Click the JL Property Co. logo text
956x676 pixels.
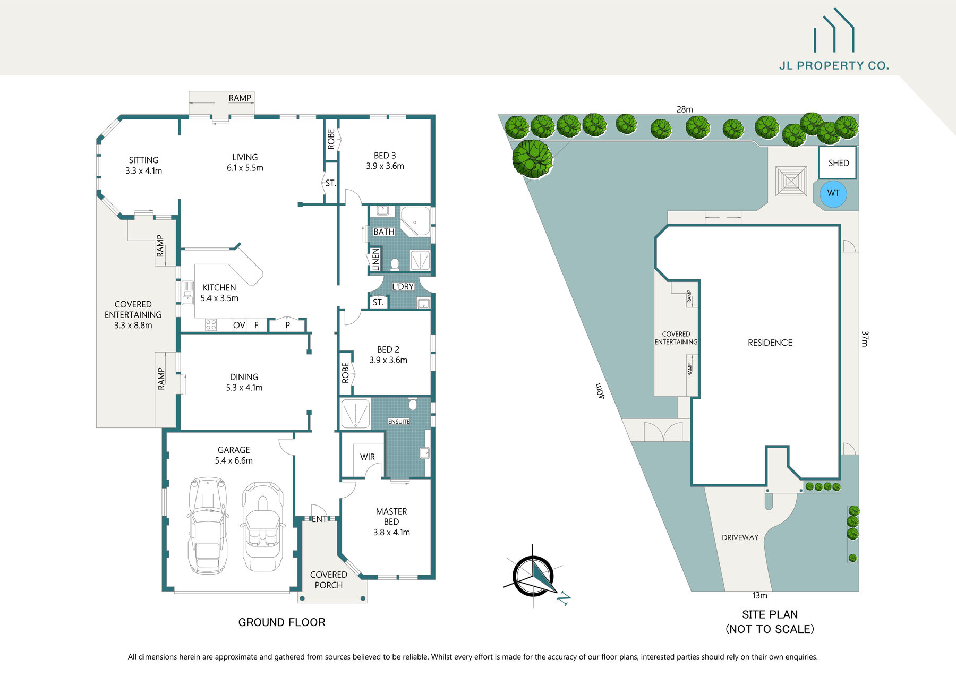833,66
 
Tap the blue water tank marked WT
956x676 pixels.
833,193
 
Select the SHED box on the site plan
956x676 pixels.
838,163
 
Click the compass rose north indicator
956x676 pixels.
534,577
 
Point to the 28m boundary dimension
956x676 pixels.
685,109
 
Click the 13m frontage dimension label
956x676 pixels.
759,595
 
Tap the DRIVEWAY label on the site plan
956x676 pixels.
740,537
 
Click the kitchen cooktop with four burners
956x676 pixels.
211,324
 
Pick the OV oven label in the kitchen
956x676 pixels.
239,325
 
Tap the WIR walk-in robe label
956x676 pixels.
367,457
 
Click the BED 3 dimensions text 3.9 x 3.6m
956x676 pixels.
385,166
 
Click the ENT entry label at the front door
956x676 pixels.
319,519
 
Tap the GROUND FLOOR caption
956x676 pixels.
281,622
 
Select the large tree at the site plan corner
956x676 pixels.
532,158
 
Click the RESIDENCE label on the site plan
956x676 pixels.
770,343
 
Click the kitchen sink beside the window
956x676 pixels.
188,293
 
